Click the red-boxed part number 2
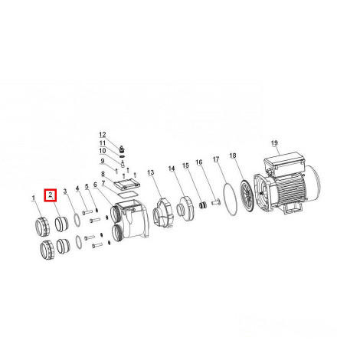51,195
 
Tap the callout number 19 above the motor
274,143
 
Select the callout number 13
151,172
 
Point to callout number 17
216,159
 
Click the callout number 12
103,135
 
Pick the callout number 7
103,183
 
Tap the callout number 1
33,198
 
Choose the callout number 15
185,165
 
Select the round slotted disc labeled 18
247,196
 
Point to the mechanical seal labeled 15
202,205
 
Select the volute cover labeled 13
162,213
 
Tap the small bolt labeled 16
215,203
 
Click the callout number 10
103,151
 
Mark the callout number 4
77,188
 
